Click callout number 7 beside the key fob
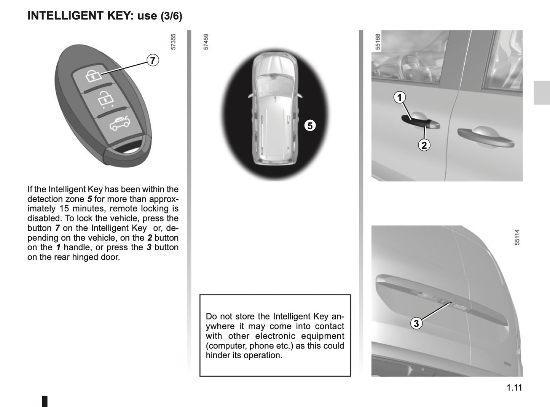coord(152,60)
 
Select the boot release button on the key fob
coord(119,124)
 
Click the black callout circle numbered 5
coord(310,125)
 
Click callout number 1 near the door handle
coord(399,98)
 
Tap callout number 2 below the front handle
coord(424,145)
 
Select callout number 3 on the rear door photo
coord(416,323)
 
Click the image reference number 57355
coord(174,42)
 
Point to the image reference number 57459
coord(206,42)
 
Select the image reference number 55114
coord(517,237)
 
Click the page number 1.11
coord(514,388)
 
